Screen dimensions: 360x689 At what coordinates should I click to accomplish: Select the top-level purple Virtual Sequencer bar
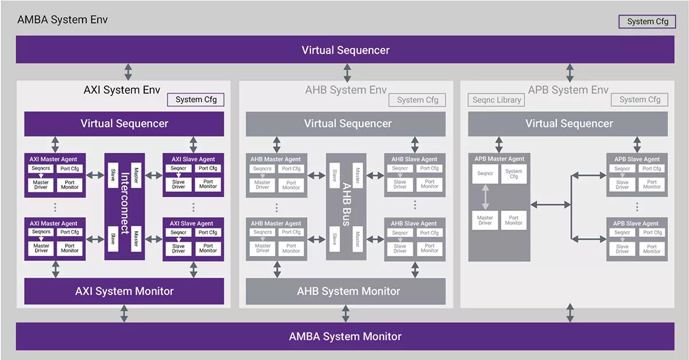point(345,50)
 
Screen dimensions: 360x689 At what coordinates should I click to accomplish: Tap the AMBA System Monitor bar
point(345,336)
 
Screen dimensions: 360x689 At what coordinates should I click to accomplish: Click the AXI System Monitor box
point(124,291)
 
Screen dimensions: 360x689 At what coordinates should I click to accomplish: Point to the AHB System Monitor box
point(346,291)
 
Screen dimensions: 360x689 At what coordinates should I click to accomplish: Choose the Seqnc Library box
point(497,100)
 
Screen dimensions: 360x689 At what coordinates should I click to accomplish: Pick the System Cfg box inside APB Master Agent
point(514,174)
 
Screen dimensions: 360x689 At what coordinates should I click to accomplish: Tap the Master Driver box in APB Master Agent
point(485,220)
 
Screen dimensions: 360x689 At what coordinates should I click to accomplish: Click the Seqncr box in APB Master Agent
point(485,174)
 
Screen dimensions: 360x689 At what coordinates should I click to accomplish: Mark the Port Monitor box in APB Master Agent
point(514,220)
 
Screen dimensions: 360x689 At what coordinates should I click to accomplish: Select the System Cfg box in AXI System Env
point(196,100)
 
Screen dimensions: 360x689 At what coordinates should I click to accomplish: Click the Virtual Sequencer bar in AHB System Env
point(346,123)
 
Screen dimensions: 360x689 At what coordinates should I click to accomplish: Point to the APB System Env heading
point(568,90)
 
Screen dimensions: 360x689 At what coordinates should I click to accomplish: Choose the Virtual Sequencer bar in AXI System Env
point(124,123)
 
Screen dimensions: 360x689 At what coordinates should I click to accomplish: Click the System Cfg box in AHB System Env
point(417,100)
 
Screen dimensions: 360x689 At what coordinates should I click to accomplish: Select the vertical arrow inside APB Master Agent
point(485,197)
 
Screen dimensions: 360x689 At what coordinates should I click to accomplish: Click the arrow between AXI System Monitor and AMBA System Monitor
point(124,313)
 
